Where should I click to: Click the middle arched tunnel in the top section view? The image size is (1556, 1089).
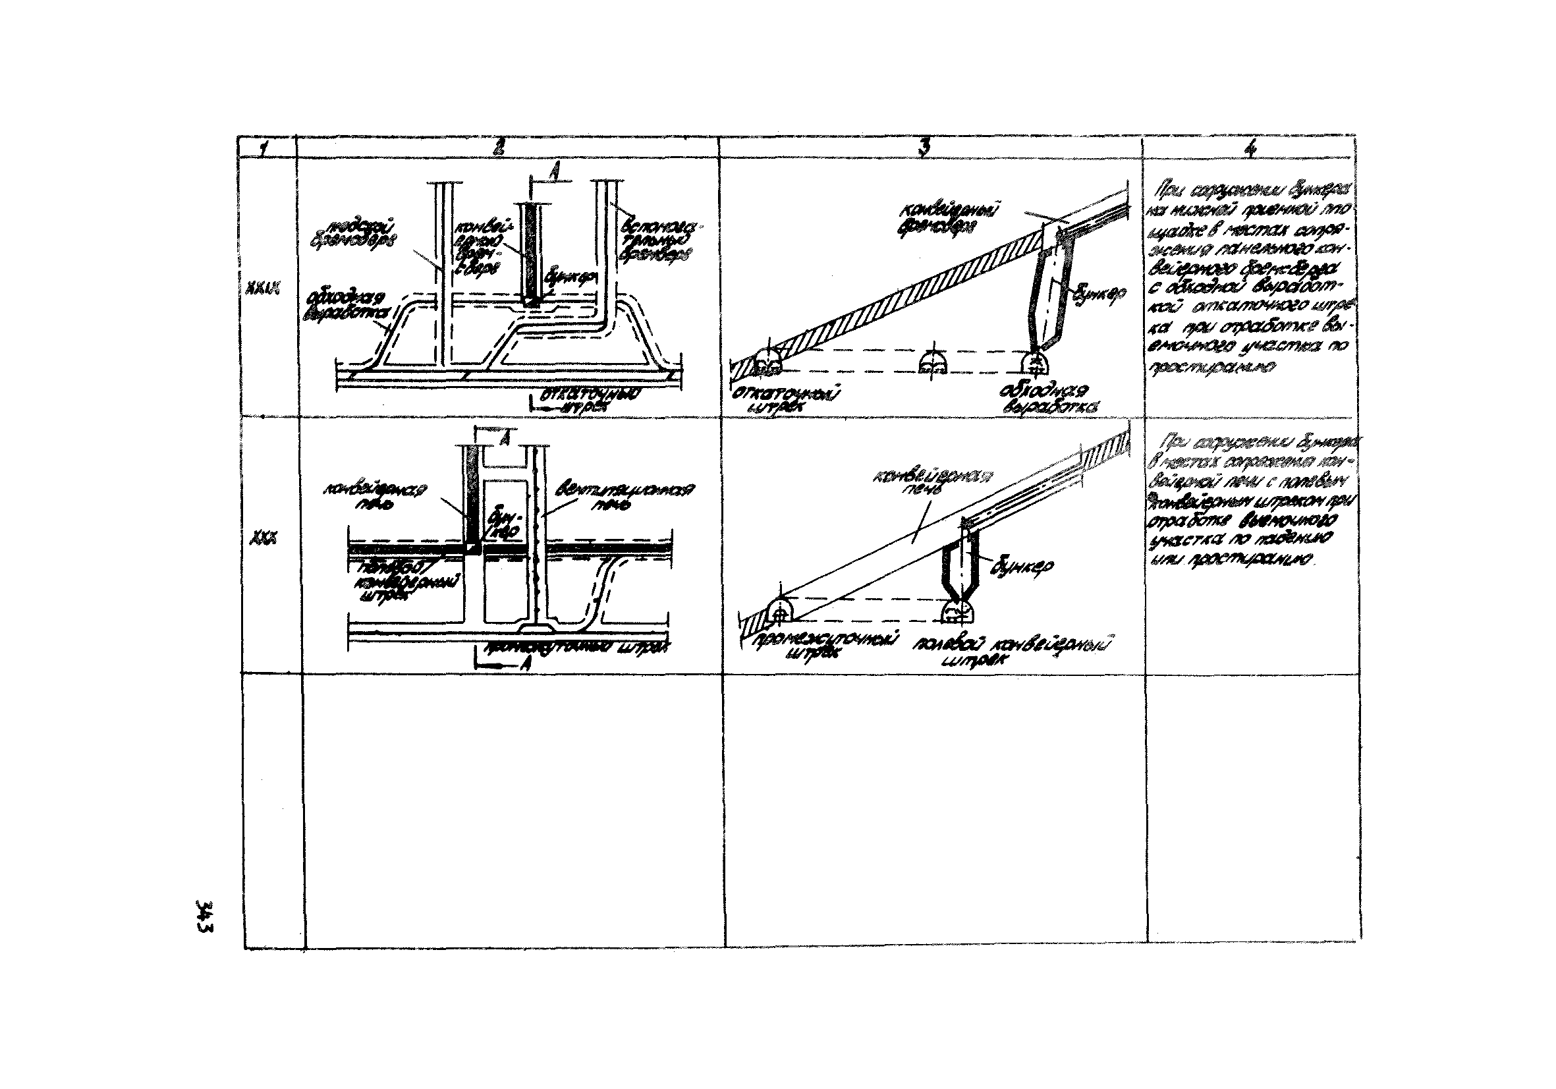coord(933,364)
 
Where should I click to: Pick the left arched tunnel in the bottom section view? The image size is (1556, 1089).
coord(780,612)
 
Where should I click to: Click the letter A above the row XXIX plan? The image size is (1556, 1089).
coord(553,173)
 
